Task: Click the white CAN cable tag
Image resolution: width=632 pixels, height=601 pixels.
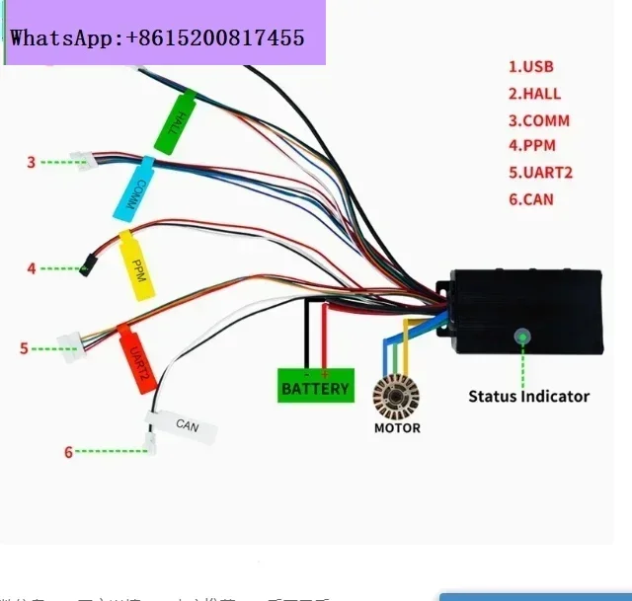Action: [x=184, y=427]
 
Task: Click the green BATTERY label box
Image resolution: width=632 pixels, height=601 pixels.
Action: [x=315, y=387]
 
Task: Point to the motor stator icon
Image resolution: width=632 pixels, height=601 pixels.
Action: [x=396, y=398]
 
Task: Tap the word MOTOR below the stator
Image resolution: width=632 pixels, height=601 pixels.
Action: [x=397, y=428]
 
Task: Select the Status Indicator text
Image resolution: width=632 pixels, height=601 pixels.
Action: [x=528, y=397]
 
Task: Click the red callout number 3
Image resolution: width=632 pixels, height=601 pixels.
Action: [x=31, y=162]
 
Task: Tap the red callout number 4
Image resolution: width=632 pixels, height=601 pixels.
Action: [x=31, y=267]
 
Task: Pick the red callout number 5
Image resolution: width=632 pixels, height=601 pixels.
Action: [x=24, y=348]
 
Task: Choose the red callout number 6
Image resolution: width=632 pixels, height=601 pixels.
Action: [x=68, y=452]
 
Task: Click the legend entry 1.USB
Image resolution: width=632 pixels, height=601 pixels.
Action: [x=530, y=67]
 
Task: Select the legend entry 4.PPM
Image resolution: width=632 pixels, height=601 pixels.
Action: [x=531, y=146]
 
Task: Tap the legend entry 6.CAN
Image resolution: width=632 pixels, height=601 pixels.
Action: [x=530, y=199]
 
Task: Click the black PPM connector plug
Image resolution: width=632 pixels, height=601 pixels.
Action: [x=87, y=265]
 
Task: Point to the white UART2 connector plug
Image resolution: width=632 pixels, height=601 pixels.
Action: [x=71, y=341]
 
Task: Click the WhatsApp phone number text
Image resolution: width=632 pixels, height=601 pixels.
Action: [x=158, y=38]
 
